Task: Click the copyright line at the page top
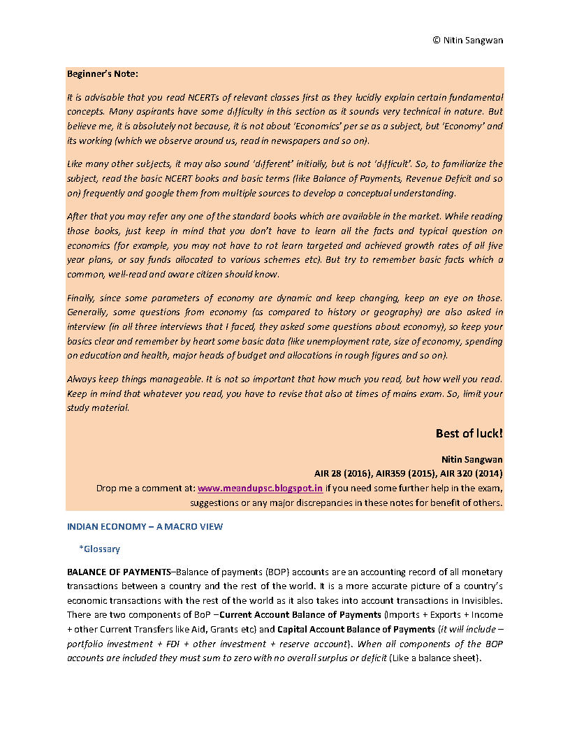click(x=467, y=40)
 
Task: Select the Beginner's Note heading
click(x=103, y=73)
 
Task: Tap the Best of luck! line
click(x=469, y=434)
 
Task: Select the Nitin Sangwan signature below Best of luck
click(x=472, y=459)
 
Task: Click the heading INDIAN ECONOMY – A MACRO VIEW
click(x=145, y=526)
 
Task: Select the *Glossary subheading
click(x=99, y=549)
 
